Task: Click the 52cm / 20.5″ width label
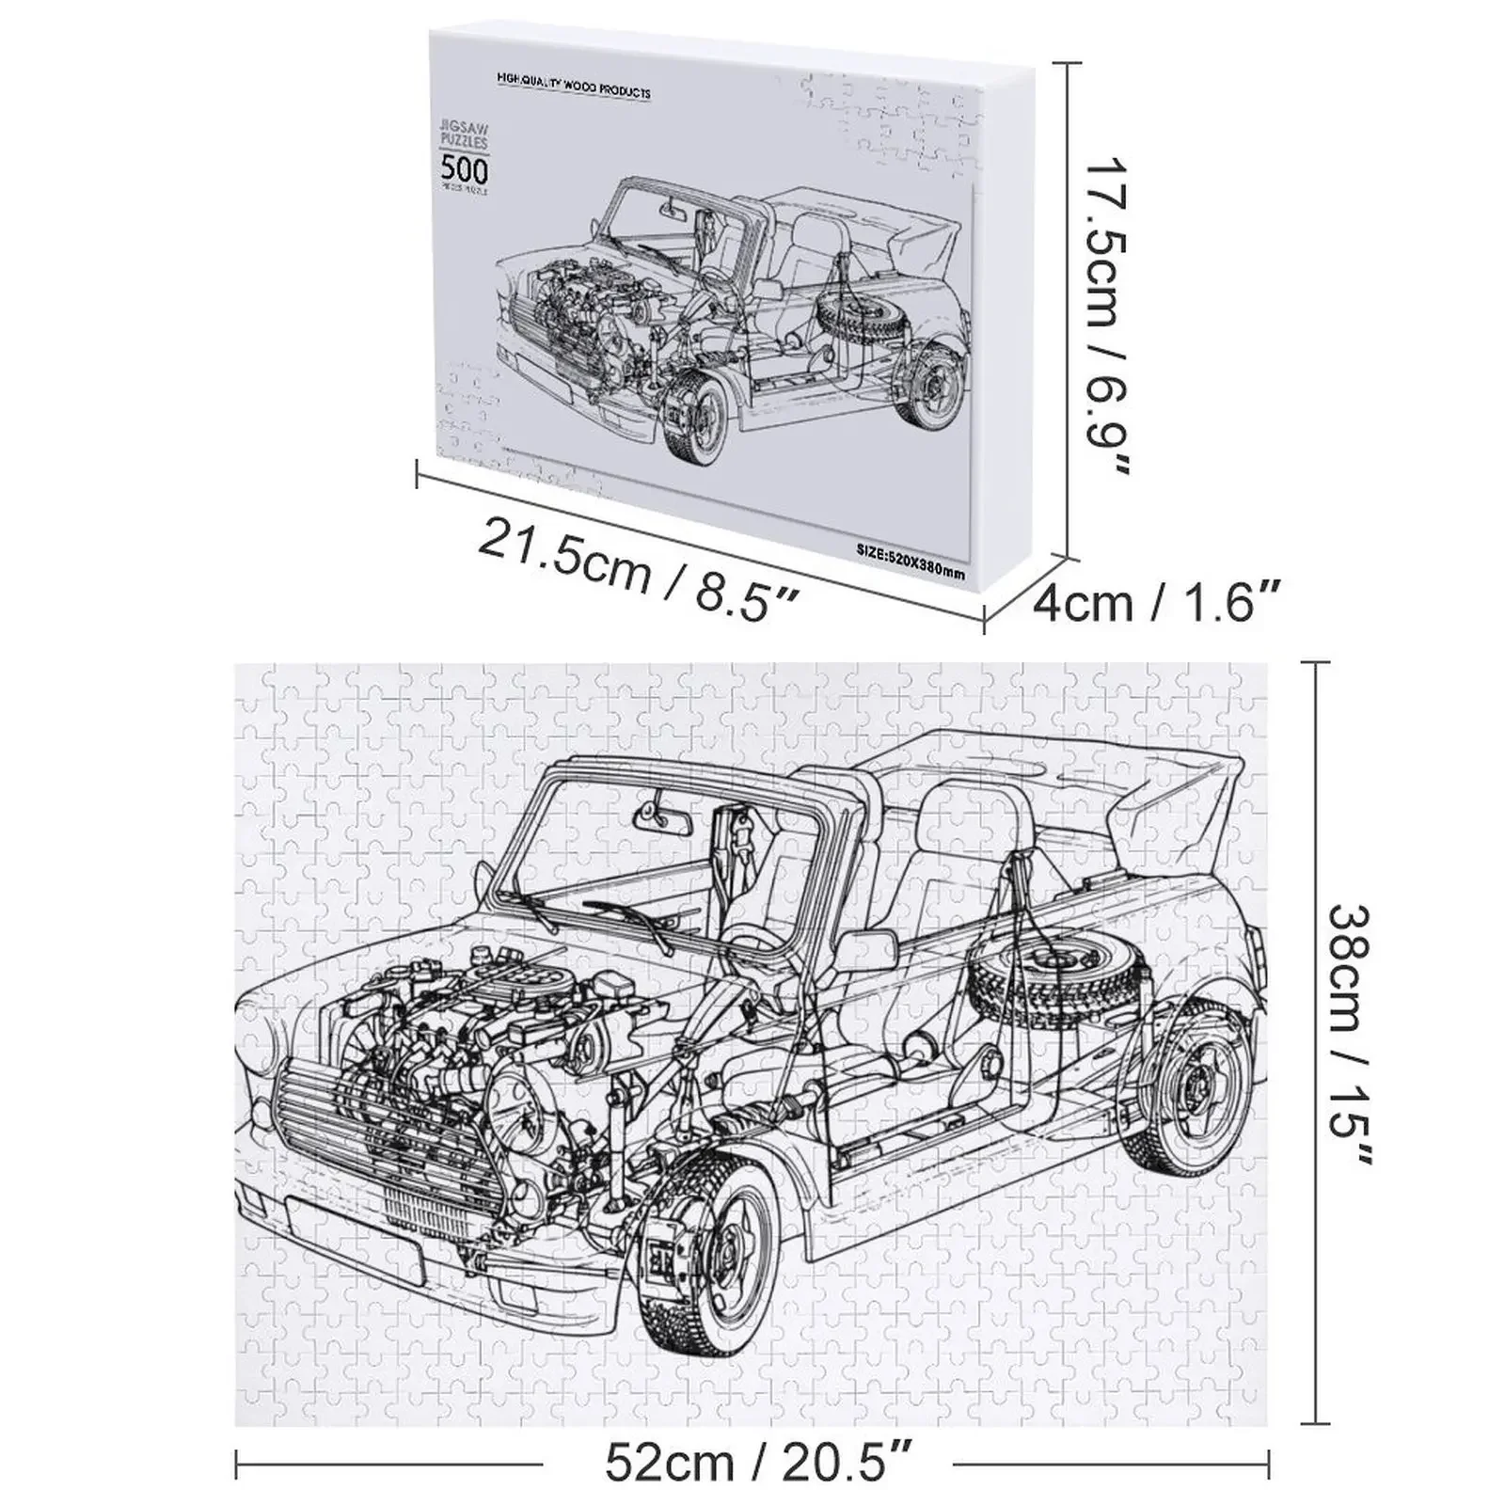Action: [748, 1463]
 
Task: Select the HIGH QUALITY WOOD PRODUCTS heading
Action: [574, 91]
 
